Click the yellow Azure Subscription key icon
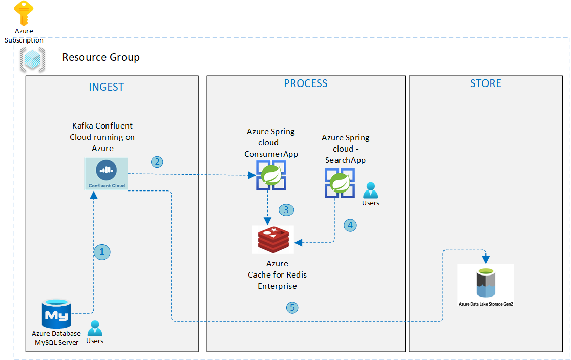[24, 13]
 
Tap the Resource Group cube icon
[32, 59]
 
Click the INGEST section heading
[107, 87]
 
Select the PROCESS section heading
[306, 83]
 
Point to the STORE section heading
[485, 83]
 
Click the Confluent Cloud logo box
[106, 174]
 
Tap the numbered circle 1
[102, 251]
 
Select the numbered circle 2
[157, 162]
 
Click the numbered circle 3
[286, 209]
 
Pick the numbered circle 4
[350, 225]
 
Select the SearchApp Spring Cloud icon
[339, 183]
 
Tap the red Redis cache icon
[273, 239]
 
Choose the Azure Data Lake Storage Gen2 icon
[485, 283]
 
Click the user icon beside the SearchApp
[370, 191]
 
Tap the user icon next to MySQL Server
[95, 328]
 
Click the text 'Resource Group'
[101, 57]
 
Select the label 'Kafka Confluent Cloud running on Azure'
[102, 137]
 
